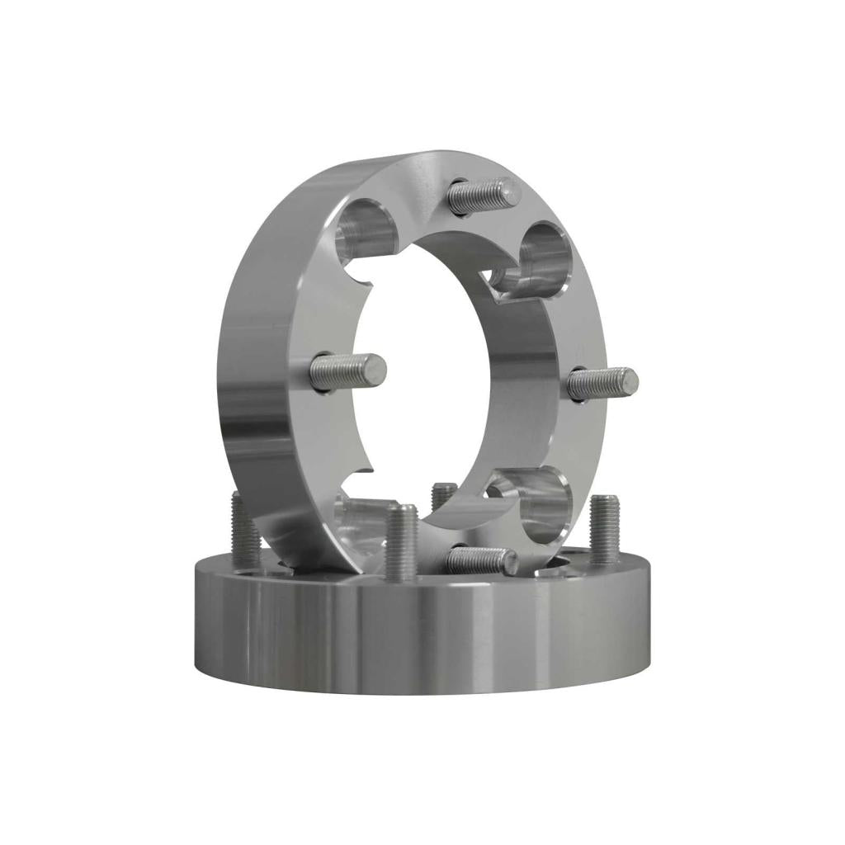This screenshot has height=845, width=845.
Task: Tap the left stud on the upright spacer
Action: [348, 369]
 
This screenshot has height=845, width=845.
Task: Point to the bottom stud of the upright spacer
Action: [481, 560]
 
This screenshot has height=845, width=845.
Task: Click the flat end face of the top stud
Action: [512, 191]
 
